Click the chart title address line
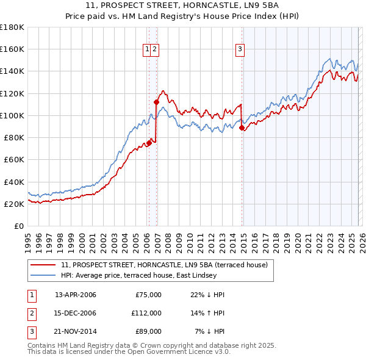tap(182, 5)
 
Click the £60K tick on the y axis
tap(14, 160)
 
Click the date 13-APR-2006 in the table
tap(75, 295)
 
